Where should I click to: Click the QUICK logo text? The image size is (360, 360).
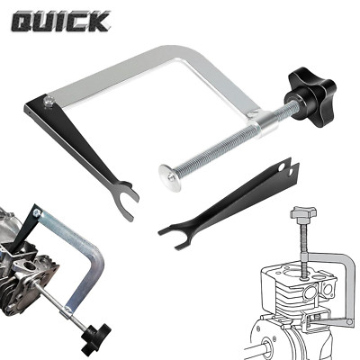pyautogui.click(x=61, y=22)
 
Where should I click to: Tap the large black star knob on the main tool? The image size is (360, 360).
pyautogui.click(x=310, y=94)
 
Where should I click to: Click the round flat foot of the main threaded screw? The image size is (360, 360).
pyautogui.click(x=170, y=177)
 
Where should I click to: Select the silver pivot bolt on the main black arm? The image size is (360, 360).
pyautogui.click(x=48, y=101)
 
